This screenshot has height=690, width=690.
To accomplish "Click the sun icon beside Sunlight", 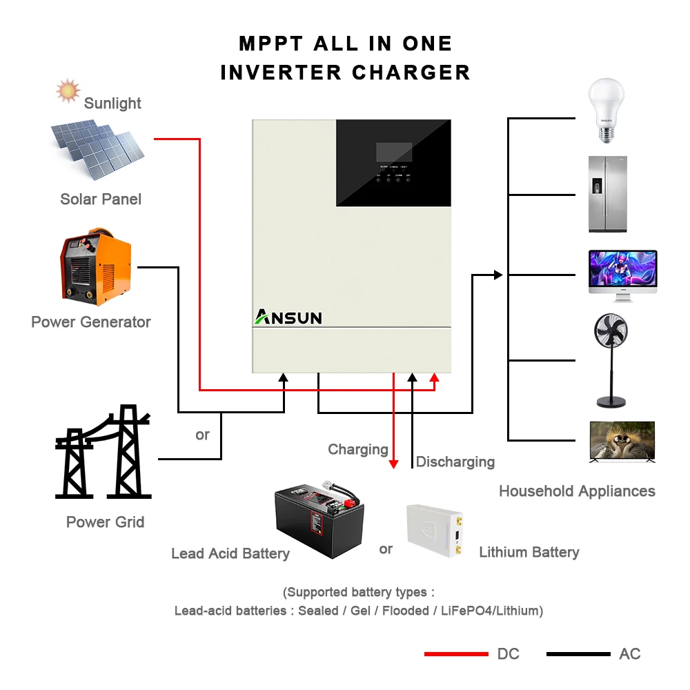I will [68, 90].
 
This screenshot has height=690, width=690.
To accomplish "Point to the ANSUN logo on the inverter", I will [288, 317].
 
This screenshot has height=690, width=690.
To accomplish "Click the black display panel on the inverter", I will [393, 163].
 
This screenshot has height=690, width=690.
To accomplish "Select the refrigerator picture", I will [608, 194].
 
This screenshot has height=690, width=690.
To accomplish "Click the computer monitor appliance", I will [622, 275].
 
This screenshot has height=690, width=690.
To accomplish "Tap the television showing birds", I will [622, 441].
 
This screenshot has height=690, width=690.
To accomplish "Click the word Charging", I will [357, 450].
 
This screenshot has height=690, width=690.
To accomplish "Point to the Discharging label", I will [455, 462].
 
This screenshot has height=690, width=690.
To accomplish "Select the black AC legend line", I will [578, 653].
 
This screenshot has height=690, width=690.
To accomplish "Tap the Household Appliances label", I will [577, 491].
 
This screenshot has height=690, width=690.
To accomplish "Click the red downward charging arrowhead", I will [393, 464].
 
